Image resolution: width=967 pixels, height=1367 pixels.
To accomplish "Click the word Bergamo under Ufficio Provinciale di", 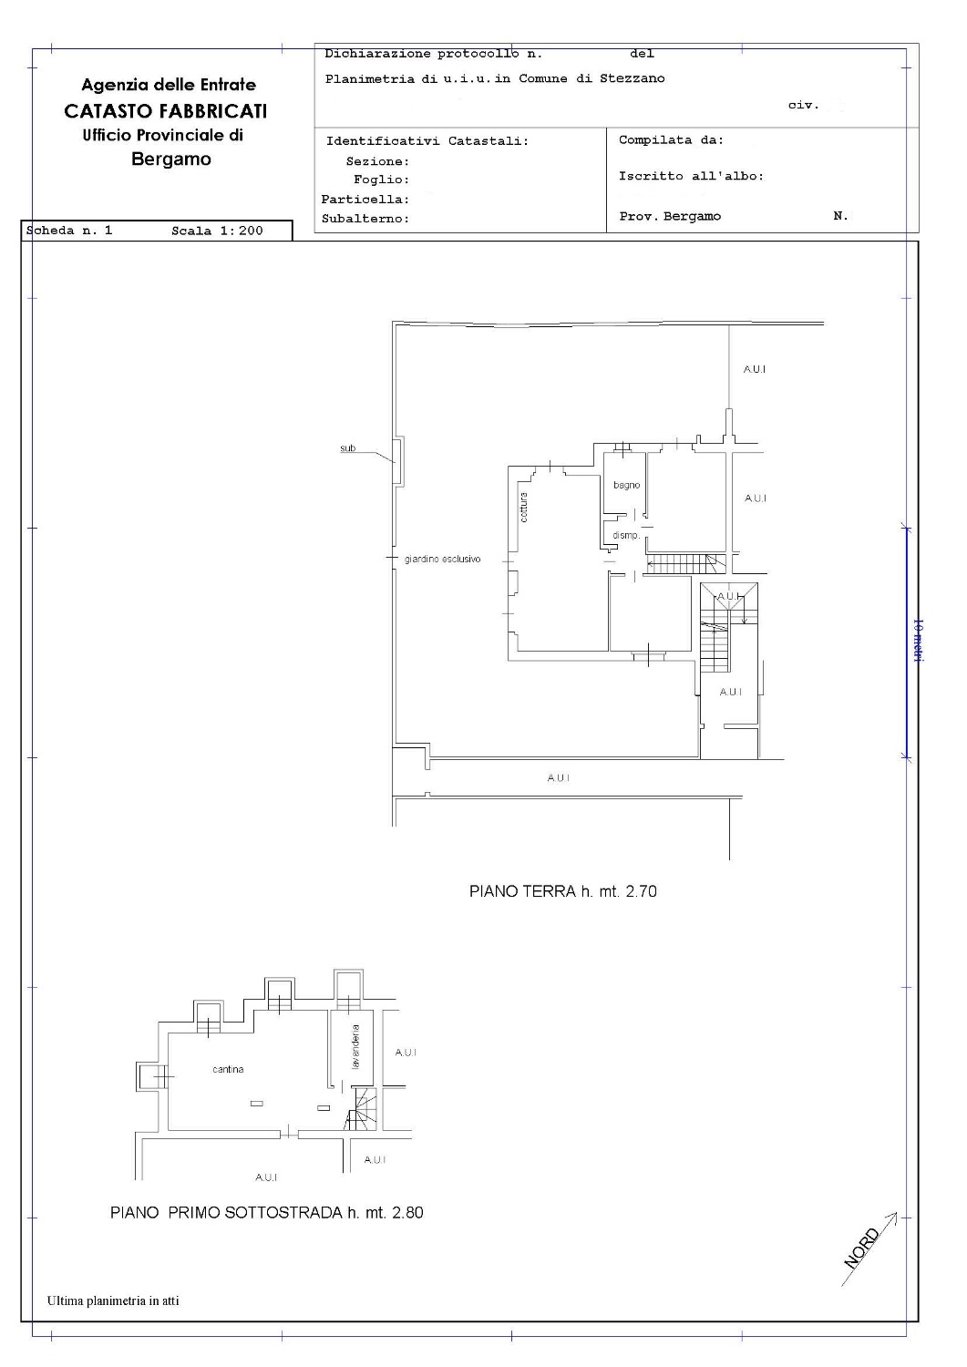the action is coord(171,159).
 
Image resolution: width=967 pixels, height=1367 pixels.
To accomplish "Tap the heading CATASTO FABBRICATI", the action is coord(166,111).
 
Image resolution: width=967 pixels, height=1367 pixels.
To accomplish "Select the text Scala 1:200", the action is coord(217,231).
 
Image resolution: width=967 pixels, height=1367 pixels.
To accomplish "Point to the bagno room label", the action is coord(626,485).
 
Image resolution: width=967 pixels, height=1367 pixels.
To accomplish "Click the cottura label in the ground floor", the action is coord(523,507).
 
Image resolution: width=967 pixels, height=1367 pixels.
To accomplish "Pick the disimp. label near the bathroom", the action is coord(626,535).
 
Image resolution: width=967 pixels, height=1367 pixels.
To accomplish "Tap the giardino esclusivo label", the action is coord(443,559).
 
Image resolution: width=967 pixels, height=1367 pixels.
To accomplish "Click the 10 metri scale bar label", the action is coord(918,640).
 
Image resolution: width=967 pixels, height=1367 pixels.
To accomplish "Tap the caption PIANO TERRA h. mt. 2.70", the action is coord(563,891).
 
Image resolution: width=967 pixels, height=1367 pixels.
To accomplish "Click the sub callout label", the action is coord(347,448).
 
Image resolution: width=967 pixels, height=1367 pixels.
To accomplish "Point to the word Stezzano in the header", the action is coord(632,78).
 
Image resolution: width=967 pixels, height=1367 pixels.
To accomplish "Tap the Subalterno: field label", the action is coord(365,219).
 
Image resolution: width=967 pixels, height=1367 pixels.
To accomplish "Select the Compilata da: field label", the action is coord(671,140).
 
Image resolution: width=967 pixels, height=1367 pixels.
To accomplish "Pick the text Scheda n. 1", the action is coord(69,230).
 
